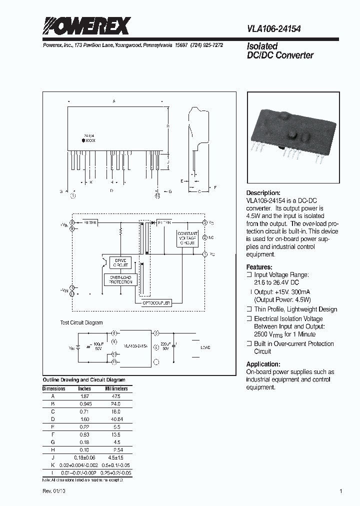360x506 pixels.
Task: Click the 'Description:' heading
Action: [263, 193]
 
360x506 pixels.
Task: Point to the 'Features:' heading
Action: [259, 267]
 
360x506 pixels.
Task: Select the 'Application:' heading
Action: [263, 364]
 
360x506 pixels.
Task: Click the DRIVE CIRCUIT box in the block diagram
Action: [120, 263]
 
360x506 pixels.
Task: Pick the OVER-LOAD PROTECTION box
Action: [120, 279]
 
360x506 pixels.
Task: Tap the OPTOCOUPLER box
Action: [156, 303]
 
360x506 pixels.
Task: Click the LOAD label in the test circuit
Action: [205, 347]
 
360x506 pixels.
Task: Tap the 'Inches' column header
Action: [84, 388]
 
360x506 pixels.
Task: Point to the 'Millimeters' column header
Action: [116, 388]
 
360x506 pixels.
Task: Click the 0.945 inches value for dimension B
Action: [84, 403]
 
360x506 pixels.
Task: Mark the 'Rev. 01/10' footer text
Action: [54, 491]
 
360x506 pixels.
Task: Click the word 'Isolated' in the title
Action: [262, 46]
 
